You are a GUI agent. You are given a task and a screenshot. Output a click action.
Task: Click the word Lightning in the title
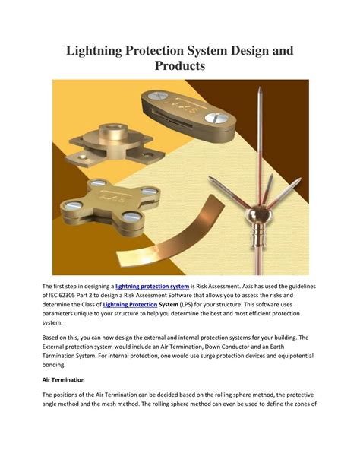coord(94,50)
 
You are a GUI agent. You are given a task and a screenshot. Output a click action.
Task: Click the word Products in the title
coord(180,65)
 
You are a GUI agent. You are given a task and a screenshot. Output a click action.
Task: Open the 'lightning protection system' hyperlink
coord(152,286)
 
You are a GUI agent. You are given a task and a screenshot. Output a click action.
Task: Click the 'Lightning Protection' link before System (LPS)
coord(130,304)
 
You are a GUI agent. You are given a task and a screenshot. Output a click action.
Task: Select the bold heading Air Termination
coord(63,380)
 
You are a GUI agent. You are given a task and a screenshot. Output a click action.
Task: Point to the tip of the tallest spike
coord(259,87)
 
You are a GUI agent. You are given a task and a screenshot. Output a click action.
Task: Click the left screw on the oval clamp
coord(158,96)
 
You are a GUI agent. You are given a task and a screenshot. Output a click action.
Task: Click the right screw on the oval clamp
coord(216,118)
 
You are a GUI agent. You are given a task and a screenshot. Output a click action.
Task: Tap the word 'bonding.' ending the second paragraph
coord(54,365)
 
